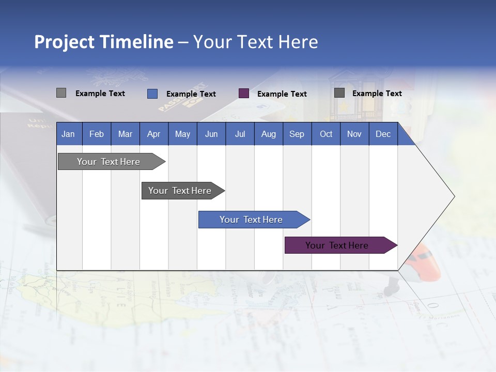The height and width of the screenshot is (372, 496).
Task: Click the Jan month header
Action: click(68, 134)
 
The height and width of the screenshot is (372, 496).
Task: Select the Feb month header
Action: click(97, 134)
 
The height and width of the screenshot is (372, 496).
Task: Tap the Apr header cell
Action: click(154, 134)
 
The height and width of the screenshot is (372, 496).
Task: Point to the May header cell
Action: click(182, 134)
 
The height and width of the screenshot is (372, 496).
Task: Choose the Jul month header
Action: click(240, 134)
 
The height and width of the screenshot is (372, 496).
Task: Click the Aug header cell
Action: click(268, 134)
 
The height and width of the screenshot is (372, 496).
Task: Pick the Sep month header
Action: click(297, 134)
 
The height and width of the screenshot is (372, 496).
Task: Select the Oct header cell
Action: click(326, 134)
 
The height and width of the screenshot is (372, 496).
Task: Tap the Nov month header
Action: click(354, 134)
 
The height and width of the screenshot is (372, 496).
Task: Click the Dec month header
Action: click(383, 134)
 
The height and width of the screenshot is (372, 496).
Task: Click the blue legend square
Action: click(152, 94)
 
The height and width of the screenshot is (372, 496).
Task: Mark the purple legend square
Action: click(244, 94)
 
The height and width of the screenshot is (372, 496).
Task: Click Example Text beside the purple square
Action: click(282, 94)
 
